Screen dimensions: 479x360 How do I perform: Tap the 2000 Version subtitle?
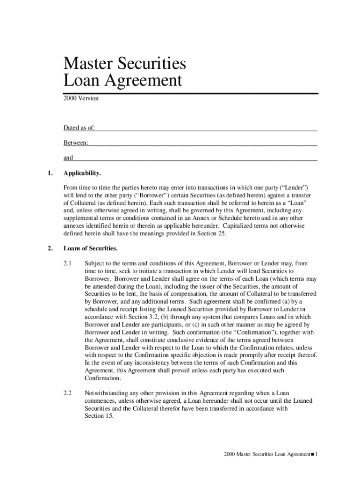[x=81, y=98]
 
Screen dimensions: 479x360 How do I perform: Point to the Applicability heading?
[x=82, y=173]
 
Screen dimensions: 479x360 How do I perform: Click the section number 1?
[x=50, y=173]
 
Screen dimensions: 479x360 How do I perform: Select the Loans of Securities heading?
[x=91, y=248]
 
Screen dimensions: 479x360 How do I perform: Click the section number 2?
[x=50, y=248]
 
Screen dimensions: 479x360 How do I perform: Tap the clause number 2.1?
[x=68, y=263]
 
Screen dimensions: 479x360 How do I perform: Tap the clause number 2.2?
[x=68, y=393]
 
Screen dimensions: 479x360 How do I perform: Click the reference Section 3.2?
[x=127, y=317]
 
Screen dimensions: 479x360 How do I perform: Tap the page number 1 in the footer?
[x=317, y=454]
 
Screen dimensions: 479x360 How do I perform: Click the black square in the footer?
[x=312, y=454]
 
